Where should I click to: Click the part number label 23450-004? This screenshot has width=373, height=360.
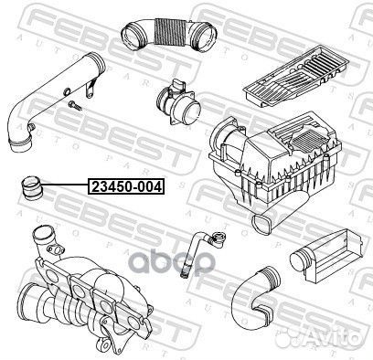click(126, 186)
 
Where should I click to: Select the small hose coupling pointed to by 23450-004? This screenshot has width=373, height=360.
click(32, 188)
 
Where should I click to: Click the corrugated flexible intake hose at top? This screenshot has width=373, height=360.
click(169, 33)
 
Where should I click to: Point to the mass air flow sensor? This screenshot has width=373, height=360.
click(177, 103)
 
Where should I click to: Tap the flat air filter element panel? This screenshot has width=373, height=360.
click(295, 76)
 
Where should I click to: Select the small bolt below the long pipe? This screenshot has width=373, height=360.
click(75, 105)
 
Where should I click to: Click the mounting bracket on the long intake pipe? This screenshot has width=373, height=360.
click(91, 88)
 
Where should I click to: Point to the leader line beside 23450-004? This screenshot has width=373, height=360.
click(66, 185)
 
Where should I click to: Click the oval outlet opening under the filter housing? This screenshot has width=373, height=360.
click(261, 223)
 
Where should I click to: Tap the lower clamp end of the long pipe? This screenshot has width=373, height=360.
click(20, 144)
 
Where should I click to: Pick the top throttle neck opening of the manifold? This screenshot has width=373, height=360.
click(41, 233)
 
